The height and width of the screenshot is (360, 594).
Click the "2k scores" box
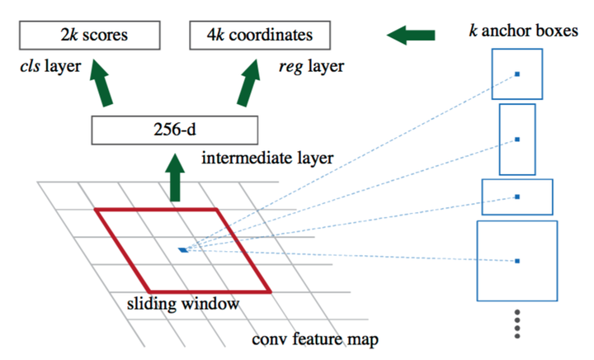(90, 36)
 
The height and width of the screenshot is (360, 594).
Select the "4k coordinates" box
(260, 36)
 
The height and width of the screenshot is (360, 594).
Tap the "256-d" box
(175, 130)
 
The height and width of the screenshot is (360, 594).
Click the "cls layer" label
(50, 66)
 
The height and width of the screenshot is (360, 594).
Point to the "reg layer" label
(311, 67)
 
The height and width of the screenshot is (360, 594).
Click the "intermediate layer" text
(267, 158)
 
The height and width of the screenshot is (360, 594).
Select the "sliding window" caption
(183, 304)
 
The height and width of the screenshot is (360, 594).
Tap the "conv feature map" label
(315, 339)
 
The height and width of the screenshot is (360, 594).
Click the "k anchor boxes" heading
(524, 31)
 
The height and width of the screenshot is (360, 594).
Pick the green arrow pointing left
(411, 36)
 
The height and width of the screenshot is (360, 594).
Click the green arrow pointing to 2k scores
(101, 83)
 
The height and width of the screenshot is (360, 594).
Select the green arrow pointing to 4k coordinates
(250, 83)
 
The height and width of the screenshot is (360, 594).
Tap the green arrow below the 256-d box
(175, 178)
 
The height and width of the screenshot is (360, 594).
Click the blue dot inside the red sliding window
(183, 250)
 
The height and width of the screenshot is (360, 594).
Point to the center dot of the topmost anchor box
(517, 73)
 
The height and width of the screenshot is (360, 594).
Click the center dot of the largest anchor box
(517, 261)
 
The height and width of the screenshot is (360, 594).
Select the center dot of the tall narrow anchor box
(517, 140)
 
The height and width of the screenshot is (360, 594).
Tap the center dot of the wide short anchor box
(517, 197)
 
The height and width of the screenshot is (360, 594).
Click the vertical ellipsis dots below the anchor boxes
(517, 324)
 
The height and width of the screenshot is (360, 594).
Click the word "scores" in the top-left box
(106, 36)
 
